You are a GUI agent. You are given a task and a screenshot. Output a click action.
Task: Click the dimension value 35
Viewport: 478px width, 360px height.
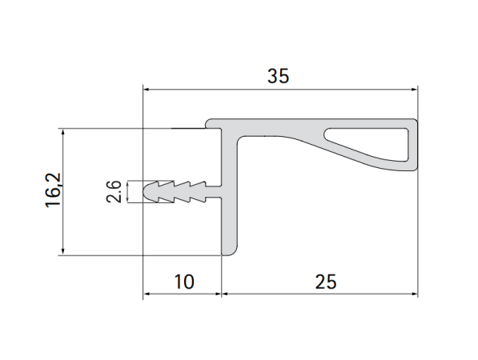tap(278, 77)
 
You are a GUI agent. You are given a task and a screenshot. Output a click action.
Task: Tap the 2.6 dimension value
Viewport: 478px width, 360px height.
tap(114, 192)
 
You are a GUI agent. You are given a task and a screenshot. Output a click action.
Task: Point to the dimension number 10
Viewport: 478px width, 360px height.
tap(183, 282)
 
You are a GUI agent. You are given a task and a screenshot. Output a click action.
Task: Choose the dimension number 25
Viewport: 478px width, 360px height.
tap(326, 282)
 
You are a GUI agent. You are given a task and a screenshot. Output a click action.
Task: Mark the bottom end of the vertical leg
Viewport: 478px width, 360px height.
tap(227, 250)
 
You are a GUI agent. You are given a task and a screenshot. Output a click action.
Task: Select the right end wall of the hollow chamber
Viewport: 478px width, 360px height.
tap(413, 146)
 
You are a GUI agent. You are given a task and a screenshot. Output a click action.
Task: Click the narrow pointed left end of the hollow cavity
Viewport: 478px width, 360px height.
tap(330, 129)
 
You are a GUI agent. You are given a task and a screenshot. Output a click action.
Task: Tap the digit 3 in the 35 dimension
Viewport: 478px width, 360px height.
tap(272, 77)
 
